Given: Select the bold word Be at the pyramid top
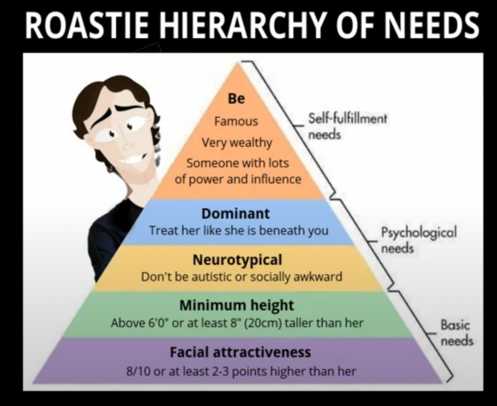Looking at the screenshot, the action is coord(237,99).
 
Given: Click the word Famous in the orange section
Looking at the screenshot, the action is coord(236,121).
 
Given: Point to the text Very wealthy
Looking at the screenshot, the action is coord(237,143).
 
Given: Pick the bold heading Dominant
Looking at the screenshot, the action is coord(235,213).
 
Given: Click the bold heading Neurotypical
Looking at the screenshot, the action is coord(237,260).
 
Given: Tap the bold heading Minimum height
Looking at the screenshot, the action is coord(237,305).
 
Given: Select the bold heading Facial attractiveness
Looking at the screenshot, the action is coord(240,352).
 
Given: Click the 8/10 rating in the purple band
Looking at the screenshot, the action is coord(138,371).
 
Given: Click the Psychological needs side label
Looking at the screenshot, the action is coord(419,239).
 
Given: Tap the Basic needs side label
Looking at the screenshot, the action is coord(457,333).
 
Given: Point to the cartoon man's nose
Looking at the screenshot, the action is coord(128,144).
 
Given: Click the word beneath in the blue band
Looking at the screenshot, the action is coord(281,230).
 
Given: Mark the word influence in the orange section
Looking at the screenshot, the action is coord(276,179).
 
